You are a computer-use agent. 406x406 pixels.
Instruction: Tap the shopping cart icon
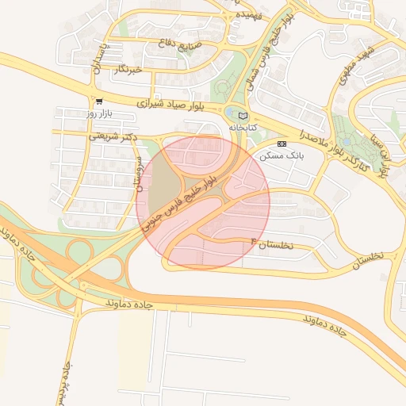pos(99,101)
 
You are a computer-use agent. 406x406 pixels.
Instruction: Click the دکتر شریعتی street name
pos(113,136)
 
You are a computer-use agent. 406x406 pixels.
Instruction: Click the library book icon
pos(243,116)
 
